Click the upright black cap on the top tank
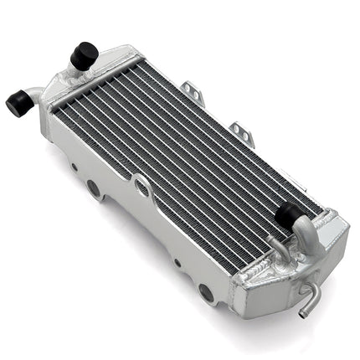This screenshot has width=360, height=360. (x=84, y=55)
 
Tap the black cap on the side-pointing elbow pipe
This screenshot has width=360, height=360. (x=18, y=103)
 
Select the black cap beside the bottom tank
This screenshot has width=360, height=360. (x=288, y=215)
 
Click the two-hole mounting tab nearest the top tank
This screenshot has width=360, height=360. (x=195, y=93)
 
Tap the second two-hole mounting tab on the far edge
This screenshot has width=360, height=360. (x=242, y=132)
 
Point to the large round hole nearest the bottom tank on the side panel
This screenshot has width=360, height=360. (x=205, y=292)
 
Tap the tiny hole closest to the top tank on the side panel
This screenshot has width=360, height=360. (x=75, y=166)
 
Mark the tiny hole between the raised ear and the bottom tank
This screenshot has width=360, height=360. (x=177, y=262)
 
